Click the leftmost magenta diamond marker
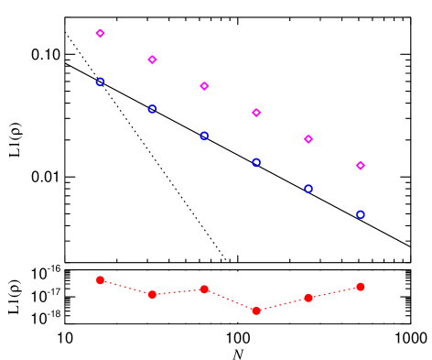100,33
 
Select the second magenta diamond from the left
152,60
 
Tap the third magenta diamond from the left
204,86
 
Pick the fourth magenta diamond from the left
256,113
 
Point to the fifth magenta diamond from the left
308,139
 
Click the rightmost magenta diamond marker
361,166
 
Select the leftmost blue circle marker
100,82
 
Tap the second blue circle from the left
152,109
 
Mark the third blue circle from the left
204,136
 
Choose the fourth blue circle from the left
256,162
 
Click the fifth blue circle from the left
308,189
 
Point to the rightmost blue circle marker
361,214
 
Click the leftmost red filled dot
100,280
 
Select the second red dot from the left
152,294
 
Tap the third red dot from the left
204,289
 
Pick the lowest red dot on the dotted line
256,311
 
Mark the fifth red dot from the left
308,298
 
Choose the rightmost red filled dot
361,287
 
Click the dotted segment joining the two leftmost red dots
126,288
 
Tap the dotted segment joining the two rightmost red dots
335,292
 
